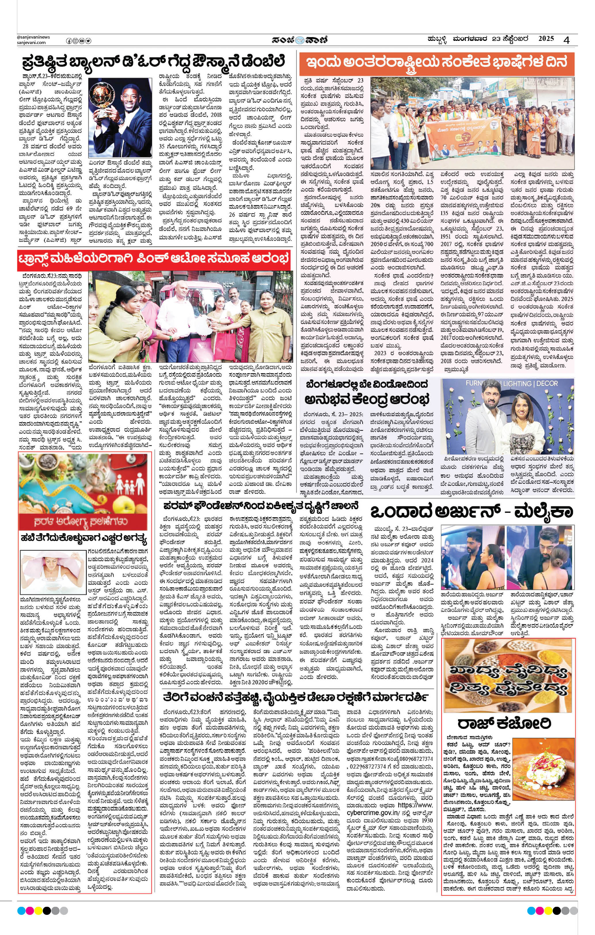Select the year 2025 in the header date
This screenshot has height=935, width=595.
pos(546,39)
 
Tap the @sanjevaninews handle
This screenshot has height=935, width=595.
pos(33,37)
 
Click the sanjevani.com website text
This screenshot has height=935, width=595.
pos(31,43)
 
